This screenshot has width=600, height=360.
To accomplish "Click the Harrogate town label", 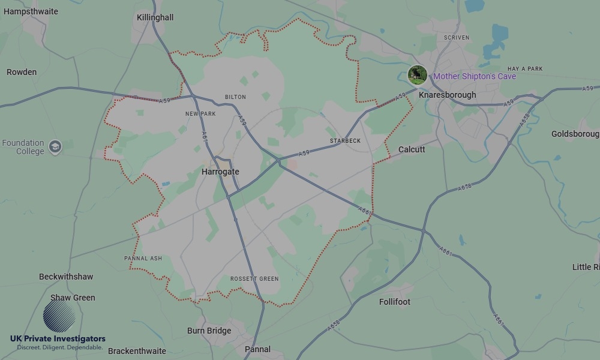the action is click(x=220, y=172).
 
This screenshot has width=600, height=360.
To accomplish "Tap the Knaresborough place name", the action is click(x=447, y=95).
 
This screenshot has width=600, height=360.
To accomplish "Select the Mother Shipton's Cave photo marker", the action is click(x=417, y=75).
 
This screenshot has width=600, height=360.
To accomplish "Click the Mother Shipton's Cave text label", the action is click(x=474, y=76).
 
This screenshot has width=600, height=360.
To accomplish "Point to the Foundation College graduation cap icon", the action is click(x=55, y=146).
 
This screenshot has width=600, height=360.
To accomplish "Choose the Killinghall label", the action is click(x=155, y=17).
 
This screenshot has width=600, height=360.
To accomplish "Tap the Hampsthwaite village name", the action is click(x=31, y=11).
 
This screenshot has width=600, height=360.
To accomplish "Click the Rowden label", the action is click(x=22, y=72).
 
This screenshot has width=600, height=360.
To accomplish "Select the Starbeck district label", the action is click(x=345, y=141).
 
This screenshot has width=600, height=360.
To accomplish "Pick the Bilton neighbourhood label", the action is click(x=235, y=97).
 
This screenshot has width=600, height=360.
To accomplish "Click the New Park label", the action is click(x=200, y=113).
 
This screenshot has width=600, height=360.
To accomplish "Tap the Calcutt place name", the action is click(x=412, y=149).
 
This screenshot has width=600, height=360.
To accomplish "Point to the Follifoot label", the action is click(x=395, y=302).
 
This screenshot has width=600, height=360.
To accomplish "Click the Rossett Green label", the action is click(x=254, y=279).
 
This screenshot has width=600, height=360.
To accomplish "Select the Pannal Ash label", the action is click(x=143, y=259).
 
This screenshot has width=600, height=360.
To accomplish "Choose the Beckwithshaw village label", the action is click(x=66, y=277).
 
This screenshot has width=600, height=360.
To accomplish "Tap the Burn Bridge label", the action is click(x=209, y=331).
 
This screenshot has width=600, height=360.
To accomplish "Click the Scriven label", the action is click(x=456, y=37).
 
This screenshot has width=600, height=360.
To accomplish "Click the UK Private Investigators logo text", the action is click(x=58, y=339).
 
